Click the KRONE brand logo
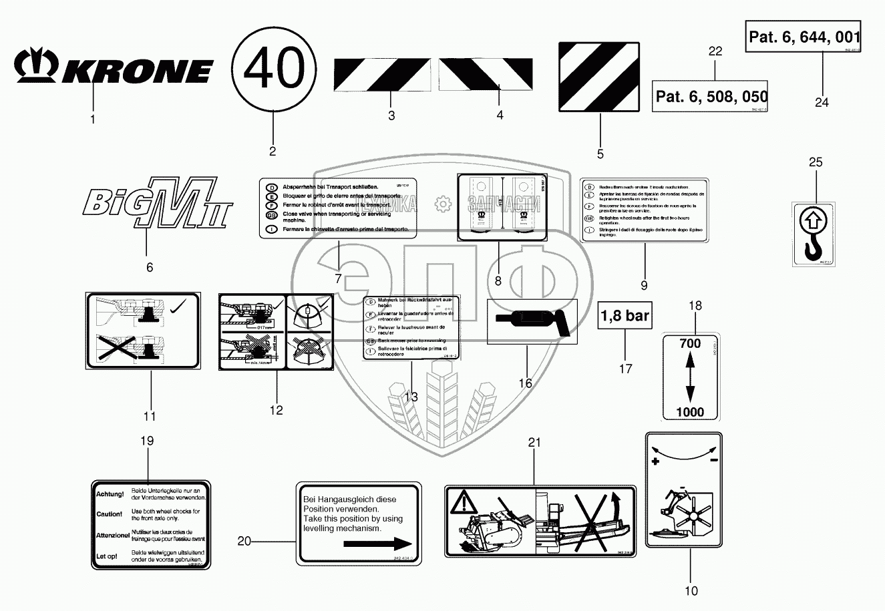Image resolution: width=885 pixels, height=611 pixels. click(114, 67)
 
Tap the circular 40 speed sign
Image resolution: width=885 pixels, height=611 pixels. click(274, 69)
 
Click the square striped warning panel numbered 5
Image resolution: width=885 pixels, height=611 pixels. click(599, 77)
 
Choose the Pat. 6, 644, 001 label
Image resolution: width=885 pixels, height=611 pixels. click(804, 37)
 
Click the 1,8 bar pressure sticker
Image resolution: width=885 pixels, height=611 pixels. click(625, 316)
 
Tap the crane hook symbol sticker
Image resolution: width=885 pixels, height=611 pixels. click(814, 234)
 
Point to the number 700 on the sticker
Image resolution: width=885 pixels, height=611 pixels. click(690, 343)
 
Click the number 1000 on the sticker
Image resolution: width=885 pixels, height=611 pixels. click(690, 412)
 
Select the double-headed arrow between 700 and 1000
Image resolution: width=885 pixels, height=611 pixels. click(690, 377)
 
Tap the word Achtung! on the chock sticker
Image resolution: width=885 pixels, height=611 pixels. click(110, 494)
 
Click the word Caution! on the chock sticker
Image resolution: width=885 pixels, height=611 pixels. click(110, 514)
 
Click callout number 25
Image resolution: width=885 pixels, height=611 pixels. click(816, 162)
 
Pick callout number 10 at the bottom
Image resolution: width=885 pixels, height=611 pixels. click(691, 590)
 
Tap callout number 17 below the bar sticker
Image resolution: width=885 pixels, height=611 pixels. click(626, 369)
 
